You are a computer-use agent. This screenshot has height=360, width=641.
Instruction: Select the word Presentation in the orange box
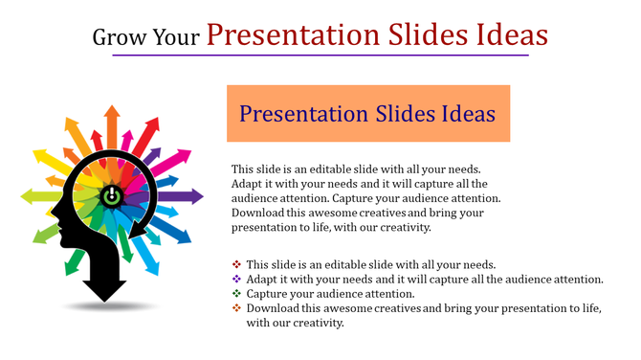(x=298, y=114)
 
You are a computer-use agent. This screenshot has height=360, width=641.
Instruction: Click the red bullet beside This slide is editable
(x=236, y=264)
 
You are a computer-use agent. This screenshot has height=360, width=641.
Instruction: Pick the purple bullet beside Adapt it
(x=236, y=279)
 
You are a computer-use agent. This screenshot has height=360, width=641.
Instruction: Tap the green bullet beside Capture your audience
(x=236, y=293)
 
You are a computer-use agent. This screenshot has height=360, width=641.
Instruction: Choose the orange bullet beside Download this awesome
(x=236, y=307)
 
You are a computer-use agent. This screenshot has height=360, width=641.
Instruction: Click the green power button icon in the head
(x=112, y=195)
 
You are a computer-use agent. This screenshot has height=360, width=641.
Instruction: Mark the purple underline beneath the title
(x=320, y=56)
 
